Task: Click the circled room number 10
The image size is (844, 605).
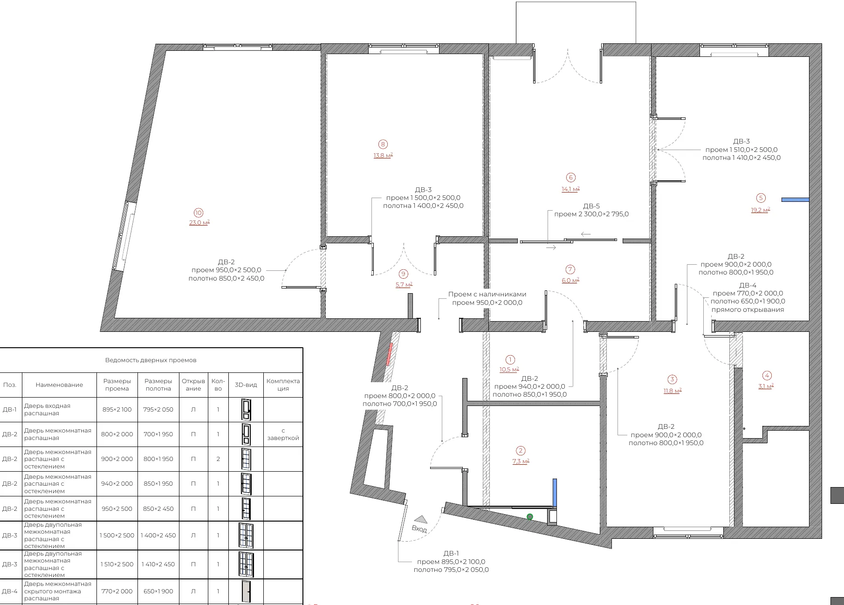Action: [x=199, y=213]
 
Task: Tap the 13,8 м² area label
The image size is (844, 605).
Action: [x=383, y=155]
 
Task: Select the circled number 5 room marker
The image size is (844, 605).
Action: [x=761, y=198]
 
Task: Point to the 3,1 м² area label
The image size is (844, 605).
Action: [x=766, y=386]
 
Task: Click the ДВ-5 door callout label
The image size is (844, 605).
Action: [x=591, y=206]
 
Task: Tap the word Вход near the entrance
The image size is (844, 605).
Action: [x=419, y=529]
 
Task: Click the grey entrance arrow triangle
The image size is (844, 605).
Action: [x=421, y=519]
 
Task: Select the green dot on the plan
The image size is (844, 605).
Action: [x=530, y=516]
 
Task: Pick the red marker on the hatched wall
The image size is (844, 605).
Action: [x=390, y=354]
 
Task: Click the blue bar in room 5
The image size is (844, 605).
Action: [x=795, y=199]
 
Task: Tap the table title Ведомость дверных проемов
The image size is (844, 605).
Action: [x=151, y=360]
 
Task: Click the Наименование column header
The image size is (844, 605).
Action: [x=59, y=385]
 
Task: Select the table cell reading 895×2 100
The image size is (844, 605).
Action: [x=117, y=409]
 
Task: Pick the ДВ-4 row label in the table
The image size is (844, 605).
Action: [x=10, y=591]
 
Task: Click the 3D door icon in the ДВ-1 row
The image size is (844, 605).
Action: [x=246, y=409]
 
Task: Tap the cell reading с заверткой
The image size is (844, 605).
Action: [x=283, y=434]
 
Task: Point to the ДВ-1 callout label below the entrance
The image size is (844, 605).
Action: [x=451, y=553]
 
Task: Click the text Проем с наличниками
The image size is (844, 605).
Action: [x=487, y=294]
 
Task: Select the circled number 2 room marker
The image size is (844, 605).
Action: [x=521, y=450]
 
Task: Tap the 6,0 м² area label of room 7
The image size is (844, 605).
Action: [x=570, y=280]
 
